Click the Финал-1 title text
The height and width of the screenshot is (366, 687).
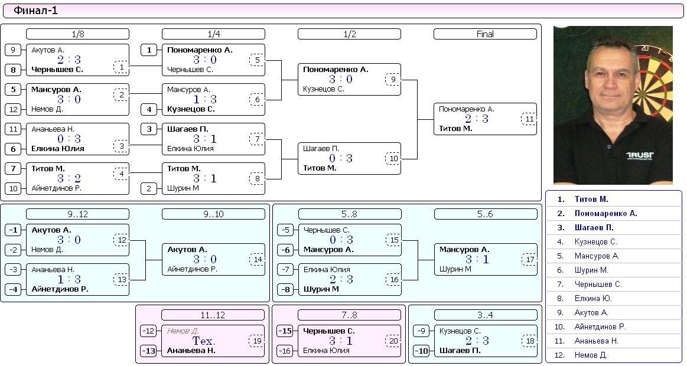point(35,11)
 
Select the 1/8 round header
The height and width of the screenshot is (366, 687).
point(77,34)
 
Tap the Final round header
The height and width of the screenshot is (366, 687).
point(485,34)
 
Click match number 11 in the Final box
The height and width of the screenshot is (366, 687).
point(529,119)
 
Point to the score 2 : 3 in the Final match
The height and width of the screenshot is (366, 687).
point(477,119)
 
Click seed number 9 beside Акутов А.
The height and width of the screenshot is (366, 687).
point(13,50)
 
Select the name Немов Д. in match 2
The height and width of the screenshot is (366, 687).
point(47,109)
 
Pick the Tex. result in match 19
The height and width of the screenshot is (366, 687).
point(204,341)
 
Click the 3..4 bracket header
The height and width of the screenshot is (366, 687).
point(486,315)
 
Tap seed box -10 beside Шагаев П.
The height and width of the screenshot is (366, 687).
point(421,351)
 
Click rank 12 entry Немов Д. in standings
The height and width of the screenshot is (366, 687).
point(591,355)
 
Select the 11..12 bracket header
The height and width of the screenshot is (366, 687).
point(213,315)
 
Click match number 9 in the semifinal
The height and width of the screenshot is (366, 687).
point(393,80)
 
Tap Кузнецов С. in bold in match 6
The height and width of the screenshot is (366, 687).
point(191,109)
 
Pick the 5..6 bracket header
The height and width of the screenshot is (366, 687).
point(486,214)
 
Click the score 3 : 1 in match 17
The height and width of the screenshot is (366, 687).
point(477,259)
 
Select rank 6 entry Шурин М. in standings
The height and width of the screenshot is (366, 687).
point(591,270)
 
